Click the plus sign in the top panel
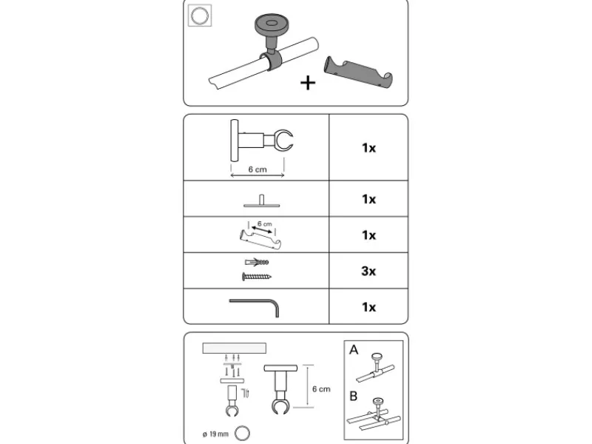tap(307, 82)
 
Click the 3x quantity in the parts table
tap(369, 271)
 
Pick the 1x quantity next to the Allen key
tap(369, 306)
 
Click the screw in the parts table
tap(256, 277)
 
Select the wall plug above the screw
tap(256, 263)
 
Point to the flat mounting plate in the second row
tap(256, 201)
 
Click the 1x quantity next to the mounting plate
tap(369, 199)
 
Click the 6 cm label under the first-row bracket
tap(257, 169)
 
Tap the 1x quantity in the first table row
tap(369, 148)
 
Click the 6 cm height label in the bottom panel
tap(320, 388)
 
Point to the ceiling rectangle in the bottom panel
tap(233, 347)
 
